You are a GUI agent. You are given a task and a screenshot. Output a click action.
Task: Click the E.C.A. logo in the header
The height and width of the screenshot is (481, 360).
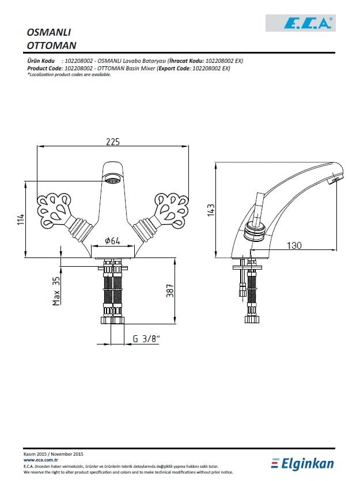pyautogui.click(x=300, y=23)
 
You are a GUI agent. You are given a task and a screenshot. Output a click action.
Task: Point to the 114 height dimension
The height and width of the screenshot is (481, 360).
pyautogui.click(x=21, y=219)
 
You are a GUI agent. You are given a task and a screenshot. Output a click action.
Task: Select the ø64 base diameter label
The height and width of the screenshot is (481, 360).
pyautogui.click(x=112, y=241)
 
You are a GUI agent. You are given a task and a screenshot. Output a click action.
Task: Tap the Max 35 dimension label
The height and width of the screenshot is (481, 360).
pyautogui.click(x=56, y=291)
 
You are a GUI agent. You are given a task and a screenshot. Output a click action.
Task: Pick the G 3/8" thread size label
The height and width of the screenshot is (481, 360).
pyautogui.click(x=146, y=339)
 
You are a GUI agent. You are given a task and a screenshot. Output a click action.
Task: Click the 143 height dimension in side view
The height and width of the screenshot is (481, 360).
pyautogui.click(x=211, y=211)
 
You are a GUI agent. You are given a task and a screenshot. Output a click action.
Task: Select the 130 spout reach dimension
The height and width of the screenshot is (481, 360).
pyautogui.click(x=294, y=245)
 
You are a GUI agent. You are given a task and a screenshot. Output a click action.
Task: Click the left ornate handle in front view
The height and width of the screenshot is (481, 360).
pyautogui.click(x=55, y=208)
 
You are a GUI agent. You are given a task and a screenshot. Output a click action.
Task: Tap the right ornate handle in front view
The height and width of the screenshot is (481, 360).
pyautogui.click(x=171, y=208)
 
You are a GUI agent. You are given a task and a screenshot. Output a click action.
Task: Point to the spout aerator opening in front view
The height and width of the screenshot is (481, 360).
pyautogui.click(x=113, y=180)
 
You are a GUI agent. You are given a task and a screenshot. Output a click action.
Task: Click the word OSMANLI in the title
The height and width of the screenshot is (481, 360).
pyautogui.click(x=49, y=32)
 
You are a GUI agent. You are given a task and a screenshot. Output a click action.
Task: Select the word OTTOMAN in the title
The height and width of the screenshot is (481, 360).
pyautogui.click(x=52, y=44)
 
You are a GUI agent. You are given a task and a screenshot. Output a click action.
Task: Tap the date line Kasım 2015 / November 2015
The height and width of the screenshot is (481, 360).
pyautogui.click(x=54, y=455)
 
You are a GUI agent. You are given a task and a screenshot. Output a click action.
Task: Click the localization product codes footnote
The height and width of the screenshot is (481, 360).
pyautogui.click(x=69, y=74)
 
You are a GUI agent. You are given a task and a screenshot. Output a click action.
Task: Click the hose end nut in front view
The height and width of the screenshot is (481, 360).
pyautogui.click(x=113, y=320)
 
